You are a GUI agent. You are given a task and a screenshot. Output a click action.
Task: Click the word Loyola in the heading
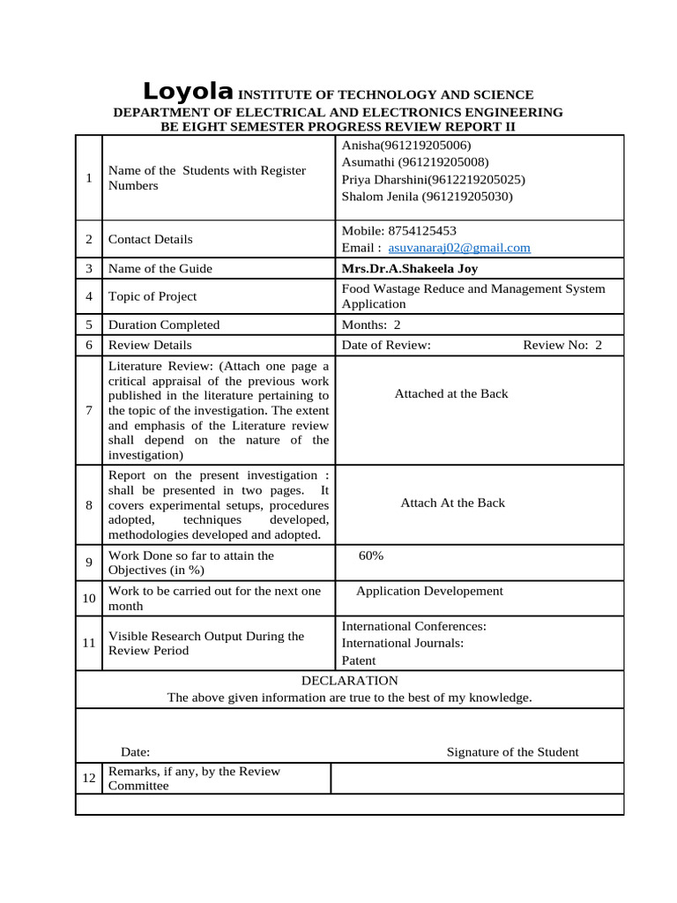(x=188, y=92)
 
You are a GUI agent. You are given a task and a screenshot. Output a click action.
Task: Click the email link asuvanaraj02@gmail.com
(x=459, y=248)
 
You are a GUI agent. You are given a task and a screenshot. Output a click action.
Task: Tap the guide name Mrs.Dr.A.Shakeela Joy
(x=409, y=269)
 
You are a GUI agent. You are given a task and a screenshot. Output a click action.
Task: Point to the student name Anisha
(x=359, y=146)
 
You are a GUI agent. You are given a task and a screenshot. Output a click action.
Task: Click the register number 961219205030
(x=467, y=197)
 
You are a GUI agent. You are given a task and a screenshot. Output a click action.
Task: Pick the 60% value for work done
(x=371, y=556)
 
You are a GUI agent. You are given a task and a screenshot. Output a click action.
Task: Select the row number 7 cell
(x=89, y=410)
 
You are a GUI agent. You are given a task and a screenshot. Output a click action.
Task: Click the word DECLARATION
(x=350, y=681)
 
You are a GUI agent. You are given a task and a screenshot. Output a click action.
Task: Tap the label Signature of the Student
(x=512, y=752)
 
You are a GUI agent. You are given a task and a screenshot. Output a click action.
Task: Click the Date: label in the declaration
(x=135, y=752)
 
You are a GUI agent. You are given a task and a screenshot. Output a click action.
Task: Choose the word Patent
(x=358, y=660)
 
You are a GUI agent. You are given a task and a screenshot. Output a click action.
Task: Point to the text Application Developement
(x=429, y=591)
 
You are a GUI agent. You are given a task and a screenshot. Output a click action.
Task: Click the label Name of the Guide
(x=160, y=269)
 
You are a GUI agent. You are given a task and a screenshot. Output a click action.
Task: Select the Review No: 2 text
(x=562, y=345)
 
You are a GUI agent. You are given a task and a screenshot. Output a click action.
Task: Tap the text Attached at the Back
(x=451, y=393)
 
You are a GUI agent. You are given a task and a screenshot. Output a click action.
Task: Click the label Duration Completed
(x=163, y=325)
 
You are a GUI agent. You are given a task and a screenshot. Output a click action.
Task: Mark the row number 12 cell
(x=89, y=778)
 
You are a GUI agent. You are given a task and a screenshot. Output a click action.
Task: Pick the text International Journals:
(x=403, y=643)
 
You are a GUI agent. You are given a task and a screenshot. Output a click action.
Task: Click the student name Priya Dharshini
(x=383, y=179)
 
